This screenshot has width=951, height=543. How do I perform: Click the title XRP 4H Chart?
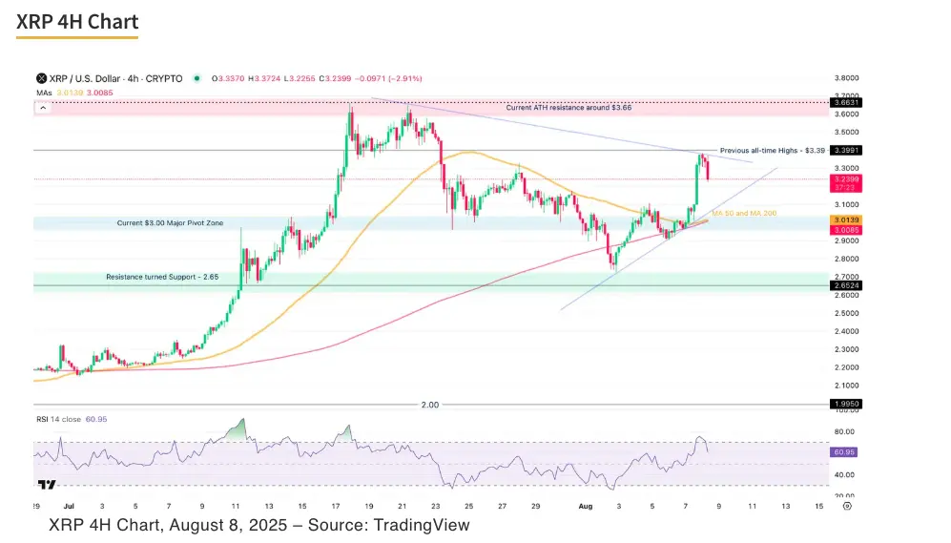[77, 22]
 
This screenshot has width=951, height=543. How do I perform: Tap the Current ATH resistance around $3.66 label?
[569, 109]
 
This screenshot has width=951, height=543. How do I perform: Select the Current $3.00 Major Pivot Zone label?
[169, 222]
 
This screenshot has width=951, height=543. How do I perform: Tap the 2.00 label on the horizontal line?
[430, 405]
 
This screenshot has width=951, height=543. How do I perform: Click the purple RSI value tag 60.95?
[843, 451]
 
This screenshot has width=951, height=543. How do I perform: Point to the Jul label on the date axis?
[66, 506]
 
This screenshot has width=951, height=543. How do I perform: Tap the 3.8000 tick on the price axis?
[845, 78]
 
